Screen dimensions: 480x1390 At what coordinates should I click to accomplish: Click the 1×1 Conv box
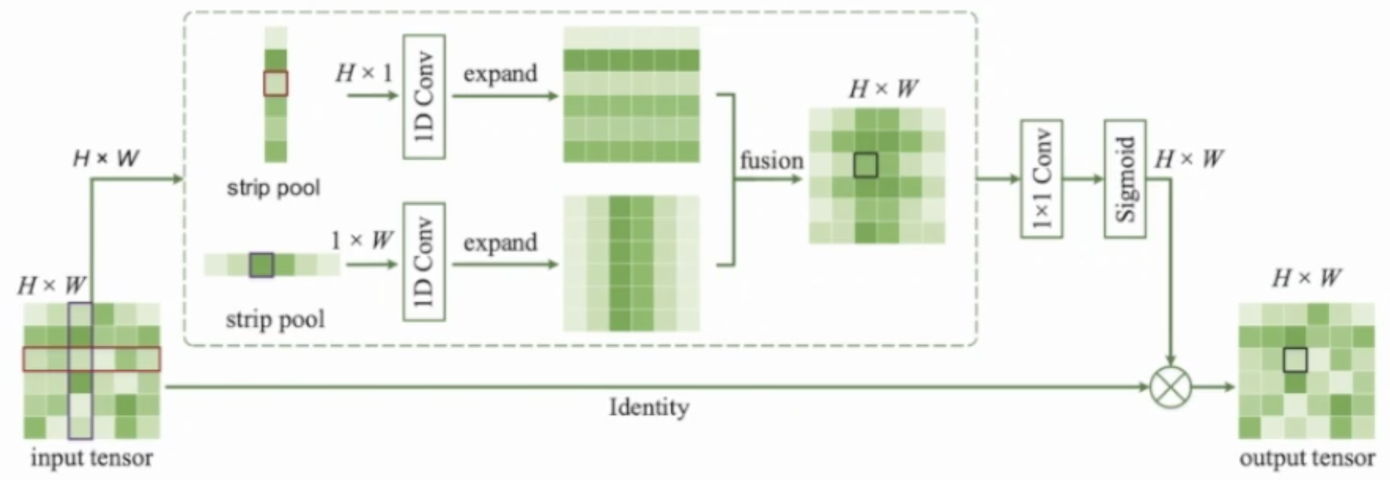coord(1041,179)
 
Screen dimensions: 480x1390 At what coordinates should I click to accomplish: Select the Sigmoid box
coord(1124,179)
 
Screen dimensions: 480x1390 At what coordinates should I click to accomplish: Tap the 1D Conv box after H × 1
coord(423,96)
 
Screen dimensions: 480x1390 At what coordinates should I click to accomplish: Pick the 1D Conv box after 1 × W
coord(423,262)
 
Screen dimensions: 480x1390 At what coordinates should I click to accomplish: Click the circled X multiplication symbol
coord(1171,387)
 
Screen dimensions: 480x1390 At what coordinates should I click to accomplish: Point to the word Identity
coord(649,407)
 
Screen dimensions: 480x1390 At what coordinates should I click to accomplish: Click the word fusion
coord(771,160)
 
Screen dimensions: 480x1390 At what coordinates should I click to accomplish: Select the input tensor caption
coord(91,458)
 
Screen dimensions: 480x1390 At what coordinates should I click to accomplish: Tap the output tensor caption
coord(1307,459)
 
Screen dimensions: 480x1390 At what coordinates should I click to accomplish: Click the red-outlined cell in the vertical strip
coord(276,83)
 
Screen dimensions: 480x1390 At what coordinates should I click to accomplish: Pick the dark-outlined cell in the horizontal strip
coord(261,264)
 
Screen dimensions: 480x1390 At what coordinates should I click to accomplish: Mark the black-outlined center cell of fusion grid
coord(865,165)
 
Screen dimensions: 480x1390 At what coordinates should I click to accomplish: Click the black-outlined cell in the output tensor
coord(1295,360)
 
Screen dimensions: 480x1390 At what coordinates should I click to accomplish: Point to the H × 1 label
coord(364,72)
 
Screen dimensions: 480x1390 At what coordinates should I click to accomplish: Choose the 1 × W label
coord(362,240)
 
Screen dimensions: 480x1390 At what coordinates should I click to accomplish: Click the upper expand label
coord(500,73)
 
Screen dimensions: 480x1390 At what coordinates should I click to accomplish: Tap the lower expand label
coord(500,242)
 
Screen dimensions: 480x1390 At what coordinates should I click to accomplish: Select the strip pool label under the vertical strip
coord(274,188)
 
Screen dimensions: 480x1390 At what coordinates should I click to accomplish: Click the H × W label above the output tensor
coord(1307,278)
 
